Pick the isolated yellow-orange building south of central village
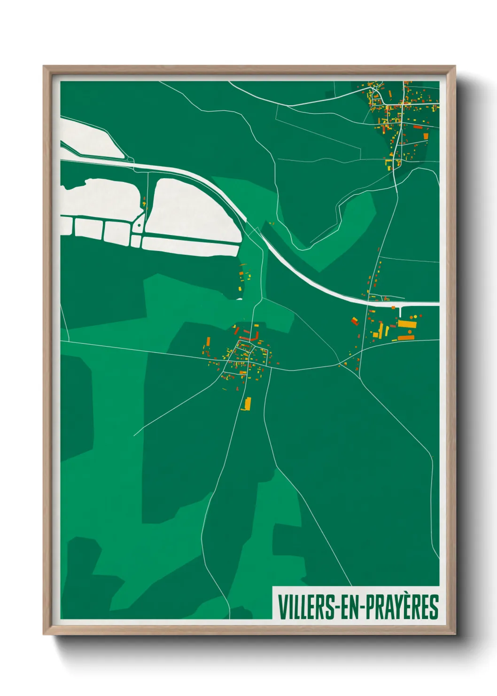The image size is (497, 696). [x=247, y=403]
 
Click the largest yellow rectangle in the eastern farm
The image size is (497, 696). [x=407, y=324]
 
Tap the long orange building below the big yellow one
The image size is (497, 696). [x=405, y=338]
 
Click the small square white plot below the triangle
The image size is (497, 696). [x=136, y=241]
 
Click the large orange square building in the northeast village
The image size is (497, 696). [x=426, y=136]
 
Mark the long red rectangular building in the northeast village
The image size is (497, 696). [x=418, y=127]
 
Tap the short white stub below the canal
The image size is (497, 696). [x=400, y=311]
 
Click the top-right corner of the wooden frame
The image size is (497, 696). [x=455, y=67]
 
